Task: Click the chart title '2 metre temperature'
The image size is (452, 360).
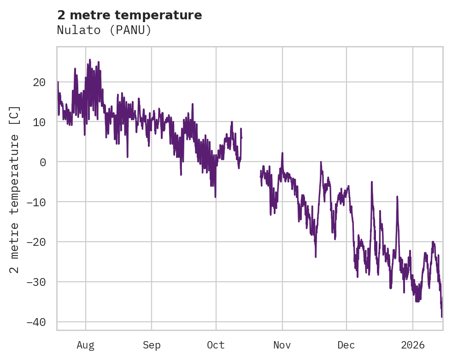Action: click(x=129, y=15)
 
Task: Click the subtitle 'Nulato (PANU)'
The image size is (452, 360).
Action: click(x=104, y=30)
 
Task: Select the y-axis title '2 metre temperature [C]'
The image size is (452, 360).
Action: click(x=15, y=189)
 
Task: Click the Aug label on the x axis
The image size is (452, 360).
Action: click(x=86, y=345)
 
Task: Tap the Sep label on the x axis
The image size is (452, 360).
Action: click(x=152, y=345)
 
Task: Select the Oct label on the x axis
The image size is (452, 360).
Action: click(x=216, y=345)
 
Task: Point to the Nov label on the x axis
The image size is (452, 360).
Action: click(x=282, y=345)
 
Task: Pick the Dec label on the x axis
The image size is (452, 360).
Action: click(x=346, y=345)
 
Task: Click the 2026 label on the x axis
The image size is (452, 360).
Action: click(x=413, y=345)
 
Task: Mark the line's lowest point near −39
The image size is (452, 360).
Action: click(x=441, y=317)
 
